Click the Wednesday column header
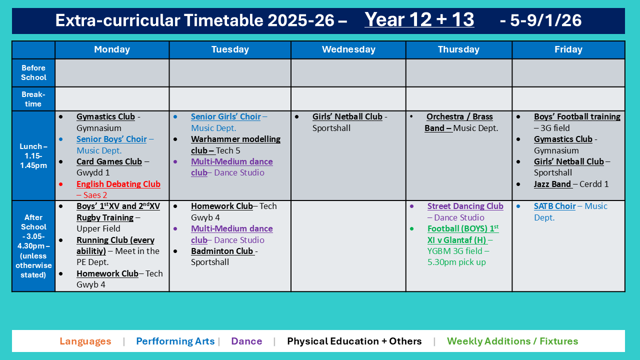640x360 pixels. (x=348, y=49)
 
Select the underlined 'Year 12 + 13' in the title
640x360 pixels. (x=419, y=20)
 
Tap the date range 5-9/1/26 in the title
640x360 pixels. (x=540, y=20)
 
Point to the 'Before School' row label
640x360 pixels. (x=33, y=72)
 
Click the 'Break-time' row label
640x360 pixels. (x=33, y=99)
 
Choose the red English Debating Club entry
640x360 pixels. (x=118, y=184)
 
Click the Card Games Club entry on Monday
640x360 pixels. (x=109, y=161)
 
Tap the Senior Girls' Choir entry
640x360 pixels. (x=225, y=116)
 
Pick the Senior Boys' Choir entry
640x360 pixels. (x=111, y=139)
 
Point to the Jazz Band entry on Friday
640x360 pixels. (x=552, y=184)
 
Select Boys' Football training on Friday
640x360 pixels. (x=576, y=116)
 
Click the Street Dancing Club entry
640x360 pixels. (x=465, y=206)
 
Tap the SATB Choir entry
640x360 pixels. (x=554, y=206)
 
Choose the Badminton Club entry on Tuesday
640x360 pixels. (x=222, y=251)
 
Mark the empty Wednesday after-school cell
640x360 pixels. (x=348, y=245)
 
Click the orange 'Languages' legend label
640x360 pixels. (x=85, y=341)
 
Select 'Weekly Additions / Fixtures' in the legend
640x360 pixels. (x=512, y=341)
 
